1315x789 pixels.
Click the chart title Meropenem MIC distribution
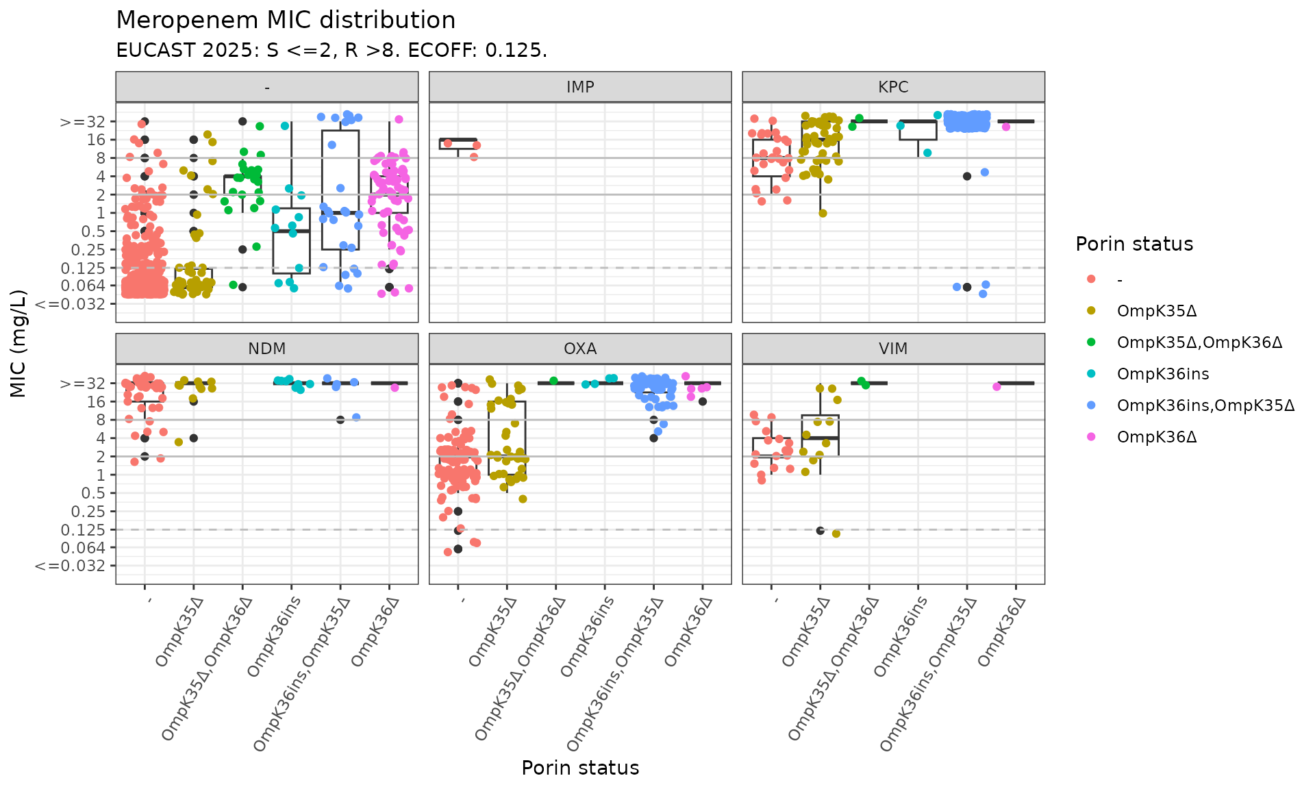[x=286, y=21]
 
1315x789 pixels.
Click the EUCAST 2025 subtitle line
[x=331, y=51]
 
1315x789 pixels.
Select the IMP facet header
[x=580, y=87]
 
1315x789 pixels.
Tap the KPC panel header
[x=893, y=87]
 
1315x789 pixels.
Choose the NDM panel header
[x=266, y=349]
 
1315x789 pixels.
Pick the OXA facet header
[x=580, y=349]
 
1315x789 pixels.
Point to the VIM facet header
[x=893, y=349]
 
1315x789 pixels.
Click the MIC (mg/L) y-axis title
[x=18, y=343]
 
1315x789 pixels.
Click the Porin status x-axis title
[x=580, y=768]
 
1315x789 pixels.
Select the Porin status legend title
[x=1134, y=244]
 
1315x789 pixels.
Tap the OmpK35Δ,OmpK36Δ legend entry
[x=1199, y=342]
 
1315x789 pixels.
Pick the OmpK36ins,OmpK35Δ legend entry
[x=1205, y=405]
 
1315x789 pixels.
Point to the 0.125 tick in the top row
[x=83, y=268]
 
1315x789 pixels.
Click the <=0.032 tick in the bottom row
[x=70, y=566]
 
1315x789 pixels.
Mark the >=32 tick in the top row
[x=82, y=122]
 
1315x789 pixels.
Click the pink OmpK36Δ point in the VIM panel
[x=997, y=387]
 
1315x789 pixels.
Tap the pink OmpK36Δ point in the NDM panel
[x=394, y=388]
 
